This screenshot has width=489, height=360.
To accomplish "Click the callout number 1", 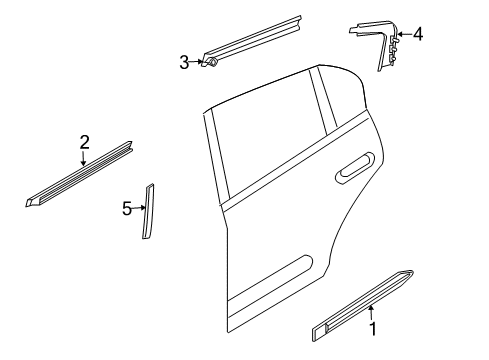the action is click(x=373, y=329).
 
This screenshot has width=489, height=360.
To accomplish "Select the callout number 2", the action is click(x=85, y=142).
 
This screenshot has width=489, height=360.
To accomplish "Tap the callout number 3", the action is click(x=184, y=62).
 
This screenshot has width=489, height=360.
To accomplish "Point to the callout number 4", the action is click(x=418, y=34).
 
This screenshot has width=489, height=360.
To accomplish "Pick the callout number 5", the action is click(x=127, y=209).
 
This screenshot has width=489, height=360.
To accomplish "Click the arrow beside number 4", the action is click(x=405, y=34).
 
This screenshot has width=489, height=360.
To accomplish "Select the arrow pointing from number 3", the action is click(x=196, y=62).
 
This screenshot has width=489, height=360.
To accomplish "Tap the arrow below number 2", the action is click(x=84, y=158).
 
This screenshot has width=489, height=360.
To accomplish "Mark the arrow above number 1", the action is click(x=371, y=312).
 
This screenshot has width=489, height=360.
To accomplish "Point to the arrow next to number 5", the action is click(x=139, y=208).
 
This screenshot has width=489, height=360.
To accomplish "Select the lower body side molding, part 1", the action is click(x=363, y=306).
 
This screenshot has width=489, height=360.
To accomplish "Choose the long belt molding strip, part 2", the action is click(x=79, y=174).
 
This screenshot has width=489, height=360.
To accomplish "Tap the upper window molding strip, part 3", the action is click(x=252, y=41).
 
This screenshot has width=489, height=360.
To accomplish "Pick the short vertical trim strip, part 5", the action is click(x=148, y=211).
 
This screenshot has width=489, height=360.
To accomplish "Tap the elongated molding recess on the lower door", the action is click(x=269, y=279).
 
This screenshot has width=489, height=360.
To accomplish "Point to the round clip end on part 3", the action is click(x=212, y=62).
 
